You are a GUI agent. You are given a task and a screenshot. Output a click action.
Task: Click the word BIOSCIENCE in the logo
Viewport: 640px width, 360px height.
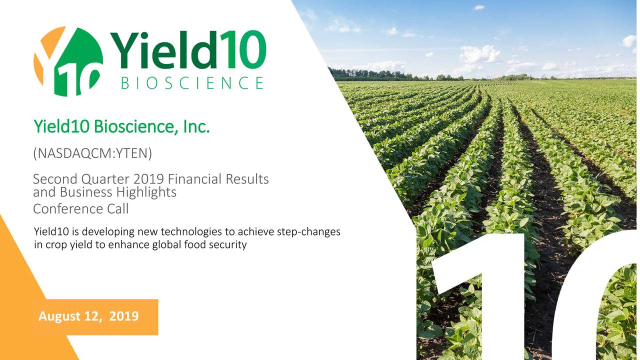pyautogui.click(x=192, y=83)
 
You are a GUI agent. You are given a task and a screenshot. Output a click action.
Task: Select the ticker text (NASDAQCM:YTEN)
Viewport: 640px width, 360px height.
pyautogui.click(x=92, y=153)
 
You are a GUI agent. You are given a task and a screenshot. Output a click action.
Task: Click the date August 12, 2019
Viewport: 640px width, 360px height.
pyautogui.click(x=88, y=316)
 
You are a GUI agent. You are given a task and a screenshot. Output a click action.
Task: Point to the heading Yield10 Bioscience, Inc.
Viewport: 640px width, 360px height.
pyautogui.click(x=122, y=126)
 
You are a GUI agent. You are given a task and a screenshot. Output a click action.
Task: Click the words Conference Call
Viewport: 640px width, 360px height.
pyautogui.click(x=81, y=209)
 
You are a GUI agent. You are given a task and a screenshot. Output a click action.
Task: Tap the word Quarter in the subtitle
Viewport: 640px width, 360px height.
pyautogui.click(x=105, y=179)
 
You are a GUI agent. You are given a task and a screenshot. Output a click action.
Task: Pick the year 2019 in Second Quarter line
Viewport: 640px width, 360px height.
pyautogui.click(x=148, y=179)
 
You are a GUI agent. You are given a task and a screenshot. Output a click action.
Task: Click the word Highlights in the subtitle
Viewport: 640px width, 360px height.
pyautogui.click(x=146, y=192)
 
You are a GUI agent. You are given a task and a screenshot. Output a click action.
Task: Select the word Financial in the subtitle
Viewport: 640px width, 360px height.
pyautogui.click(x=195, y=179)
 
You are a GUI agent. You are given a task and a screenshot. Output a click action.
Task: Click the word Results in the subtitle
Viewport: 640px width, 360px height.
pyautogui.click(x=247, y=179)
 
